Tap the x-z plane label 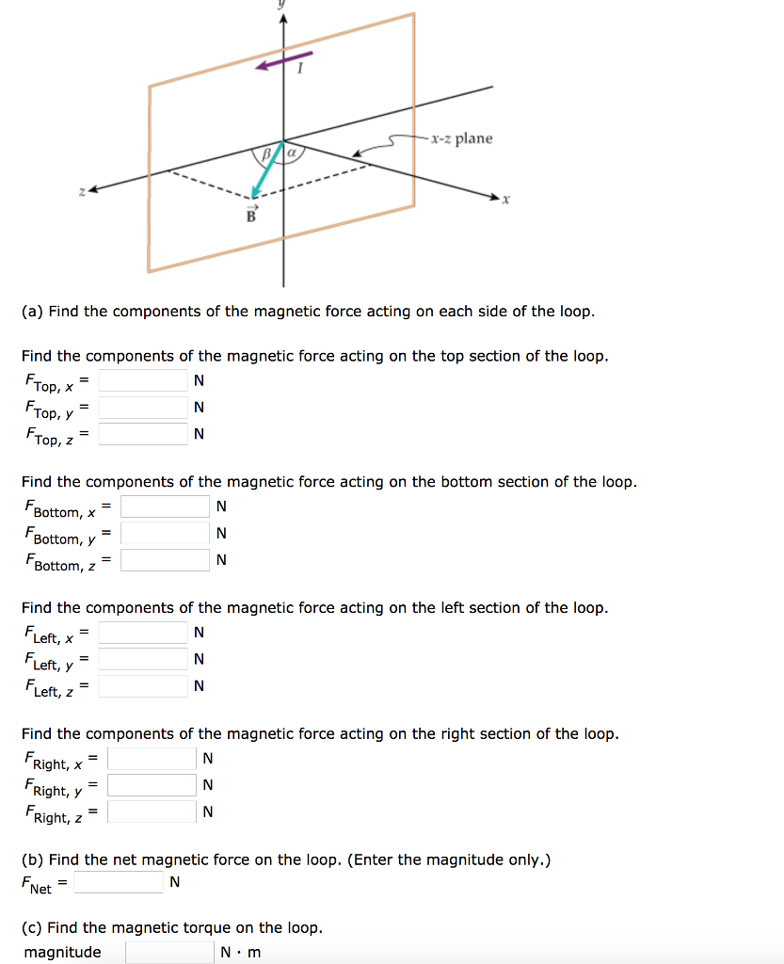[461, 138]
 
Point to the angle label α [292, 151]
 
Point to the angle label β [266, 152]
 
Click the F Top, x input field [143, 380]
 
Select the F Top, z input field [143, 434]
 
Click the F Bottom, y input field [165, 533]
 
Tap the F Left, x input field [143, 632]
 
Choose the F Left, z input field [143, 685]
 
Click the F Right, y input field [152, 784]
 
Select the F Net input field [119, 882]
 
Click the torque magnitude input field [169, 952]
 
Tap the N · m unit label [241, 952]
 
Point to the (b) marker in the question [32, 860]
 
